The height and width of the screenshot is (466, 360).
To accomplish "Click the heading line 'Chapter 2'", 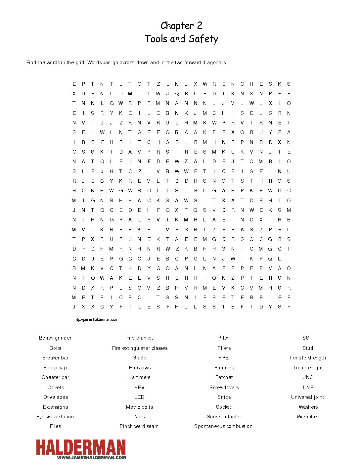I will [x=181, y=26].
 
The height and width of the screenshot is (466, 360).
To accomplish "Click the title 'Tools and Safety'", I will [x=181, y=39].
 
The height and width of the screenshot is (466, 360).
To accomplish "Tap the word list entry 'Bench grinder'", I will [x=55, y=338].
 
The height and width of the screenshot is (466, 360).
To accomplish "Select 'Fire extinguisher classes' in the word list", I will [x=140, y=348].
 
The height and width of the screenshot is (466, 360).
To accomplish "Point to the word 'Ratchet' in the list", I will [x=224, y=377].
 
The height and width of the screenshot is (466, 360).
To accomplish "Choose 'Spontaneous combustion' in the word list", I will [x=223, y=426].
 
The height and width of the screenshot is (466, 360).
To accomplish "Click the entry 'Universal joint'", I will [x=307, y=397].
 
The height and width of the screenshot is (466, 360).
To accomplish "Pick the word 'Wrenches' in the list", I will [x=308, y=417].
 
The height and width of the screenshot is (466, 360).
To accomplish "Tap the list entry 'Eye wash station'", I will [x=55, y=417].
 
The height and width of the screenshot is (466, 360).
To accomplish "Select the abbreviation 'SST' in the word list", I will [x=307, y=338].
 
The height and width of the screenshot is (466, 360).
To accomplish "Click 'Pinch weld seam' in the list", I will [x=139, y=426].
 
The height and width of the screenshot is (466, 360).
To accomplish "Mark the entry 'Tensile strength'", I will [x=307, y=358].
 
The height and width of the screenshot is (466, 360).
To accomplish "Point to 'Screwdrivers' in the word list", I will [x=224, y=388].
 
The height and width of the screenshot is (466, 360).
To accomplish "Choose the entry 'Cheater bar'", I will [x=55, y=377].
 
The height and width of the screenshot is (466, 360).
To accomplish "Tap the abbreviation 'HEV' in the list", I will [x=139, y=388].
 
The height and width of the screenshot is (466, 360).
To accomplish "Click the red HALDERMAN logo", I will [x=81, y=447].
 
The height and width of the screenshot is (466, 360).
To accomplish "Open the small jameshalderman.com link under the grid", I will [x=96, y=319].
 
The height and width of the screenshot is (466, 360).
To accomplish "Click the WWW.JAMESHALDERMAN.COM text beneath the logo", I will [x=91, y=458].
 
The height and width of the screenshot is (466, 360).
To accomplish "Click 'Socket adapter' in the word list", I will [x=224, y=417].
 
